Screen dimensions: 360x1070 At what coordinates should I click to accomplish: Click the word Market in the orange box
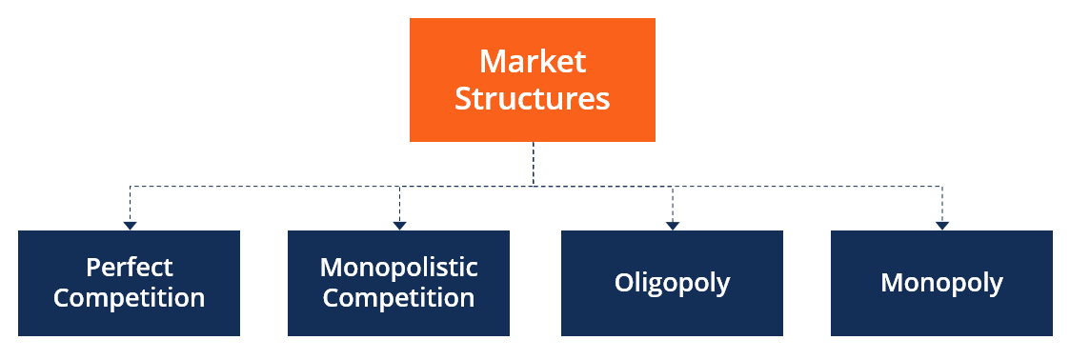tap(532, 62)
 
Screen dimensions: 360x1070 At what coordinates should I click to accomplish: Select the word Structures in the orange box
tap(532, 98)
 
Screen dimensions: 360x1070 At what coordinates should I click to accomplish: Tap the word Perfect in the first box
tap(130, 267)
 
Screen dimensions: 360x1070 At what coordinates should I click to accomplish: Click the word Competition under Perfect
tap(130, 298)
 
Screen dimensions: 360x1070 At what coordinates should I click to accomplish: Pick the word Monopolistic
tap(399, 267)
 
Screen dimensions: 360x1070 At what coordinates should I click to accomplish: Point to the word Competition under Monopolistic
tap(399, 298)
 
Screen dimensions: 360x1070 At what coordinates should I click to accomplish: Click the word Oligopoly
tap(672, 283)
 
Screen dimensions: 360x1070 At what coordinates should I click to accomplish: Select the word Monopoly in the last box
tap(941, 283)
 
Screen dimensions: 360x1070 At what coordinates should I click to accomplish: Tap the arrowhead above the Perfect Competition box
tap(130, 226)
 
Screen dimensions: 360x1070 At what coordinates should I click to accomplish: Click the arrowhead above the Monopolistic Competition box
tap(400, 226)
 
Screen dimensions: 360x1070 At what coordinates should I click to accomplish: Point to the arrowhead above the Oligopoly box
tap(673, 226)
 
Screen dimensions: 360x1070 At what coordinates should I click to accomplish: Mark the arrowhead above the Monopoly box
tap(942, 226)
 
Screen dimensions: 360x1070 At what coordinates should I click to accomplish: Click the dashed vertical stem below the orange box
tap(533, 163)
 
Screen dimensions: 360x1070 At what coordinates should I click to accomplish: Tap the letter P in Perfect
tap(92, 267)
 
